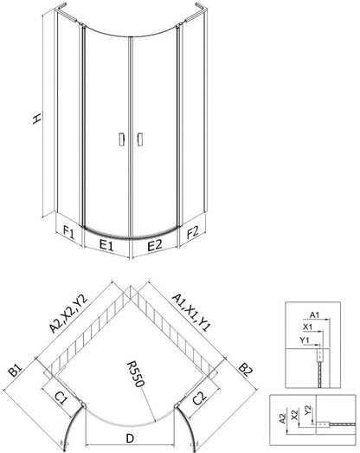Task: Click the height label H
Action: click(36, 118)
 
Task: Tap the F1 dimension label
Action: click(69, 232)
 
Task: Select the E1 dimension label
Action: click(106, 245)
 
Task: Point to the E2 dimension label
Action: click(154, 245)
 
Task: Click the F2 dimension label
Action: click(193, 232)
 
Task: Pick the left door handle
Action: click(121, 139)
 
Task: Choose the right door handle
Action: click(139, 139)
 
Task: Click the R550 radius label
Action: click(135, 373)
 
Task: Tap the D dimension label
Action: click(130, 438)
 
